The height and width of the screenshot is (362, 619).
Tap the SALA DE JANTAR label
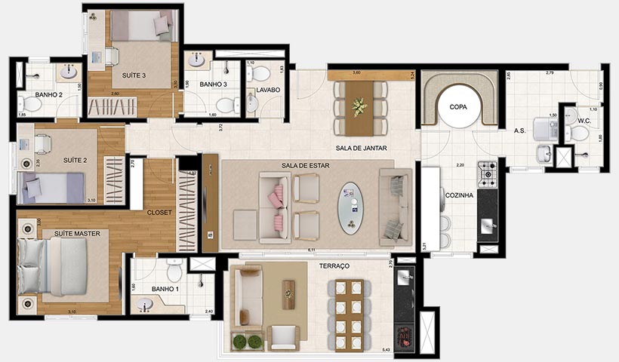[x=362, y=149]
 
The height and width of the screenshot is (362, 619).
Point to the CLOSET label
[x=160, y=213]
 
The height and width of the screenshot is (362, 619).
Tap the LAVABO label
[x=268, y=90]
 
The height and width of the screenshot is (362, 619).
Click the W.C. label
[x=584, y=120]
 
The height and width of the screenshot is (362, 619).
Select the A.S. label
[x=519, y=130]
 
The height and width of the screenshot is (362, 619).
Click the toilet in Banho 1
[x=174, y=271]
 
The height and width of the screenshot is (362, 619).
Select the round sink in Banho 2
[x=68, y=72]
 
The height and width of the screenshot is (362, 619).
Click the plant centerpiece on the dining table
[x=360, y=106]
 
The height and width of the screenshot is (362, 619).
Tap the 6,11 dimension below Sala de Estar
[x=309, y=250]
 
